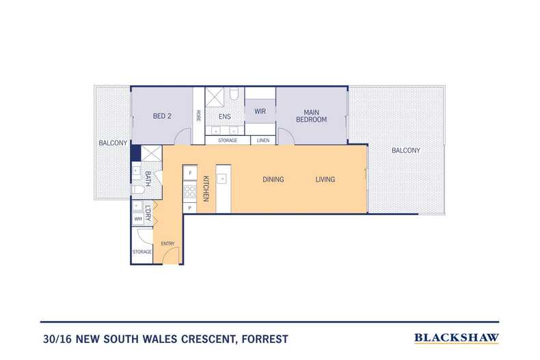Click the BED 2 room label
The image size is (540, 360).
[x=162, y=116]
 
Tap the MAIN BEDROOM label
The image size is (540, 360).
[x=311, y=116]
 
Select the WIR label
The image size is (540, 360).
[x=260, y=111]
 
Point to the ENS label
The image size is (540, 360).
[x=224, y=117]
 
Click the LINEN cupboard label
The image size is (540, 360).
[x=263, y=141]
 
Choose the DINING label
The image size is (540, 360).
[x=273, y=179]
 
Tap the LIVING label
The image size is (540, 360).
[x=325, y=179]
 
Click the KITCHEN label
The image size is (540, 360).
[x=206, y=189]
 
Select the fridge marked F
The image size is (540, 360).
[x=190, y=173]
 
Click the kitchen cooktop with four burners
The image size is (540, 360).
[x=190, y=192]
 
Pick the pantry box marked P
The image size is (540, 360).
[x=189, y=208]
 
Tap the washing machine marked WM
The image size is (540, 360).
[x=138, y=219]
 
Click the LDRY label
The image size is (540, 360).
[x=148, y=213]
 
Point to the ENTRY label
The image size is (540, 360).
[x=167, y=244]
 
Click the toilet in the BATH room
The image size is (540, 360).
[x=138, y=190]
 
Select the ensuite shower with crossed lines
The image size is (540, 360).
[x=215, y=98]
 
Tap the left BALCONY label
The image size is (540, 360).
[x=113, y=143]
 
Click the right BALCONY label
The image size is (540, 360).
[x=406, y=150]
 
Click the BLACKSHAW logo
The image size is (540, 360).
[x=457, y=338]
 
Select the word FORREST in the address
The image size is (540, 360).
[x=265, y=339]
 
